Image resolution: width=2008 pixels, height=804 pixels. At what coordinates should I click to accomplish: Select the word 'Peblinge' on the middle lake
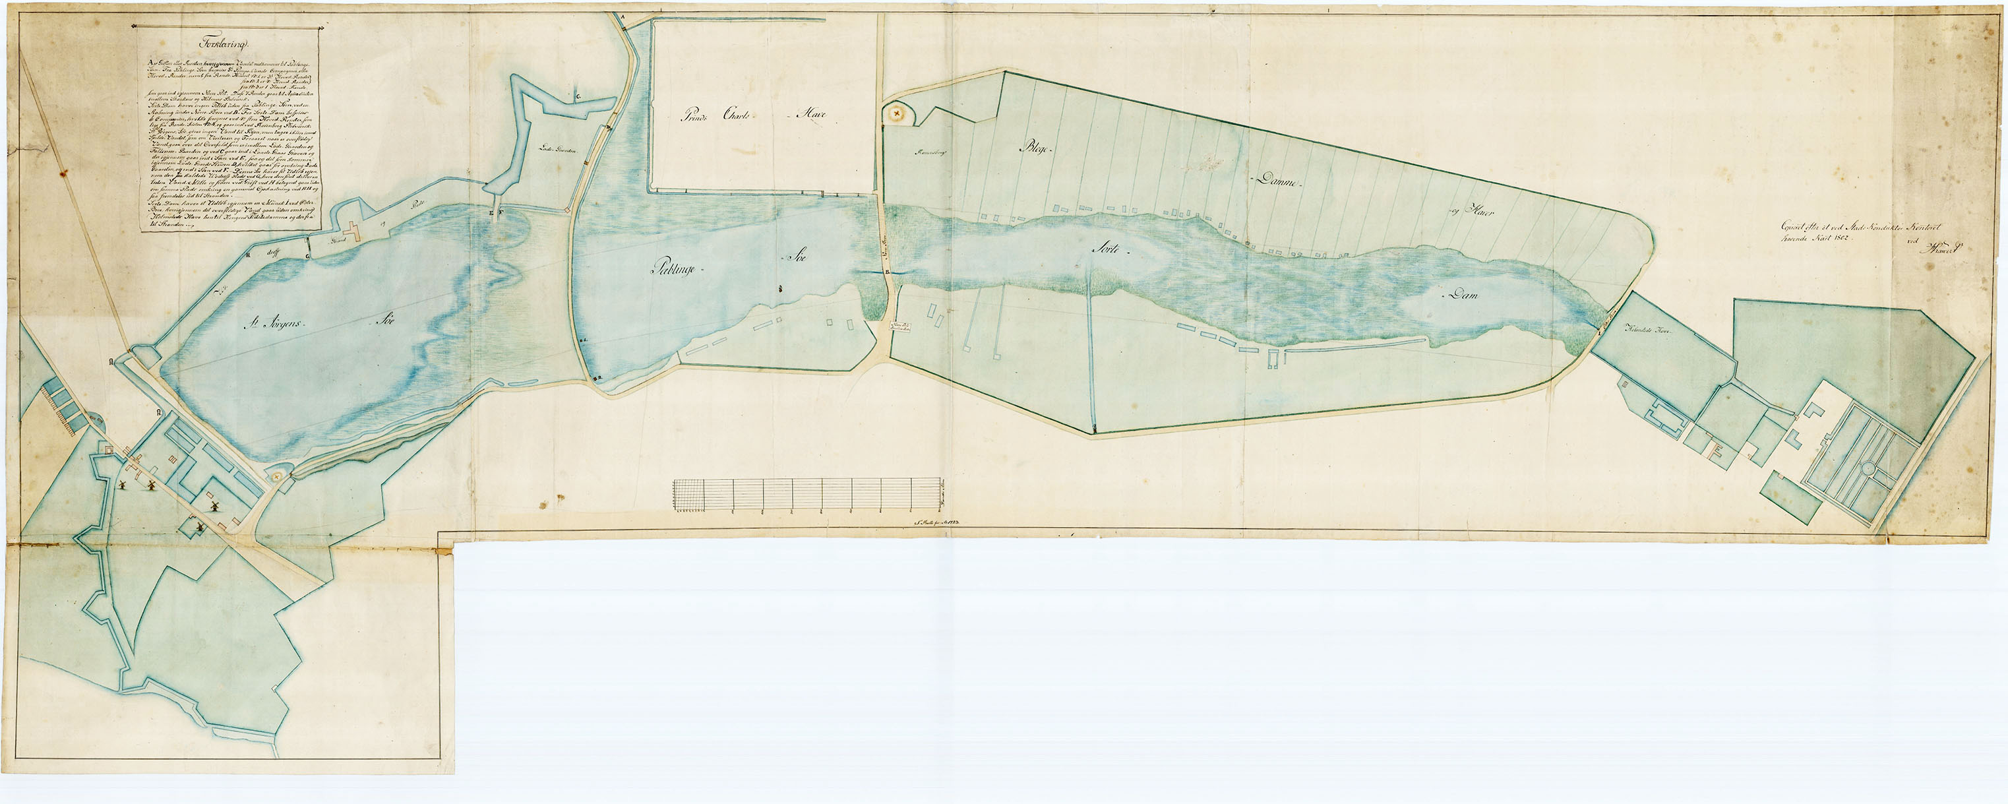tap(677, 268)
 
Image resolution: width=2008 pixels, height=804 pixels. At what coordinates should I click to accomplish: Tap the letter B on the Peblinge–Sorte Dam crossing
tap(888, 271)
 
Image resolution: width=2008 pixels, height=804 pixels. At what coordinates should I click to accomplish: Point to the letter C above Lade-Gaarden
tap(578, 97)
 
